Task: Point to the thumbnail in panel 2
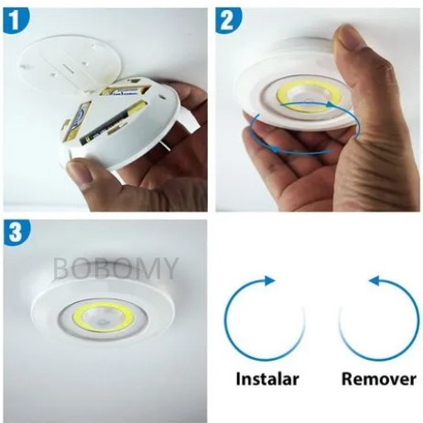click(352, 41)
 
